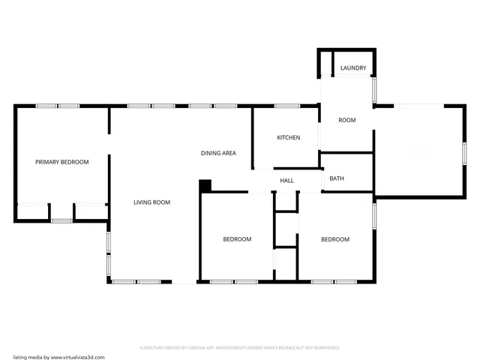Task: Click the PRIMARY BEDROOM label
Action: pos(62,162)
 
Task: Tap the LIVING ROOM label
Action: pos(151,202)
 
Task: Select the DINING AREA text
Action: pos(218,153)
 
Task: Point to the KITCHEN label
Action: pos(288,138)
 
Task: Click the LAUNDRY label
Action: pos(353,68)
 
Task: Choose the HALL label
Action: pos(286,181)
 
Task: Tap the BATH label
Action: pos(337,178)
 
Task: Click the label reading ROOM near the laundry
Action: pos(346,120)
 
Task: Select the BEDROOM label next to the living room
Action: pos(237,239)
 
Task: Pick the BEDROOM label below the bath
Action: pos(335,239)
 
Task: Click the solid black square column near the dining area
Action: pos(205,185)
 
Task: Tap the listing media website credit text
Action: pos(58,357)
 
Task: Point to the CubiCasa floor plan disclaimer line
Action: pos(240,348)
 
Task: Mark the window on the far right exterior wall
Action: pos(464,151)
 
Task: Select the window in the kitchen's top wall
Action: pos(286,106)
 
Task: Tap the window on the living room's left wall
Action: pos(109,253)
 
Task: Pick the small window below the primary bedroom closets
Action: pos(61,220)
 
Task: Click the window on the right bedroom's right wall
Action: pos(373,214)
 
